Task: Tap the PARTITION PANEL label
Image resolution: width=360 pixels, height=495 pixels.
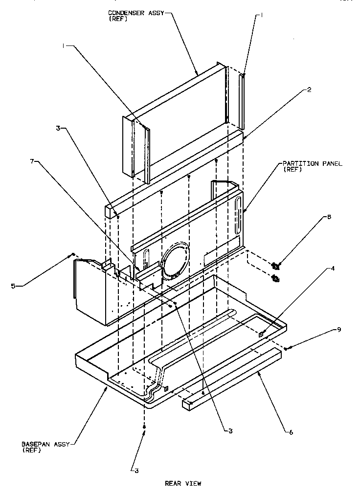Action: pyautogui.click(x=312, y=163)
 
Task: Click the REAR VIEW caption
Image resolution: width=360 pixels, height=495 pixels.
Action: pyautogui.click(x=182, y=483)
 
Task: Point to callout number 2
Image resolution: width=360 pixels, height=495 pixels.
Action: pyautogui.click(x=296, y=90)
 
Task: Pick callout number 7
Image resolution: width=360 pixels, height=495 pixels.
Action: pyautogui.click(x=338, y=329)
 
